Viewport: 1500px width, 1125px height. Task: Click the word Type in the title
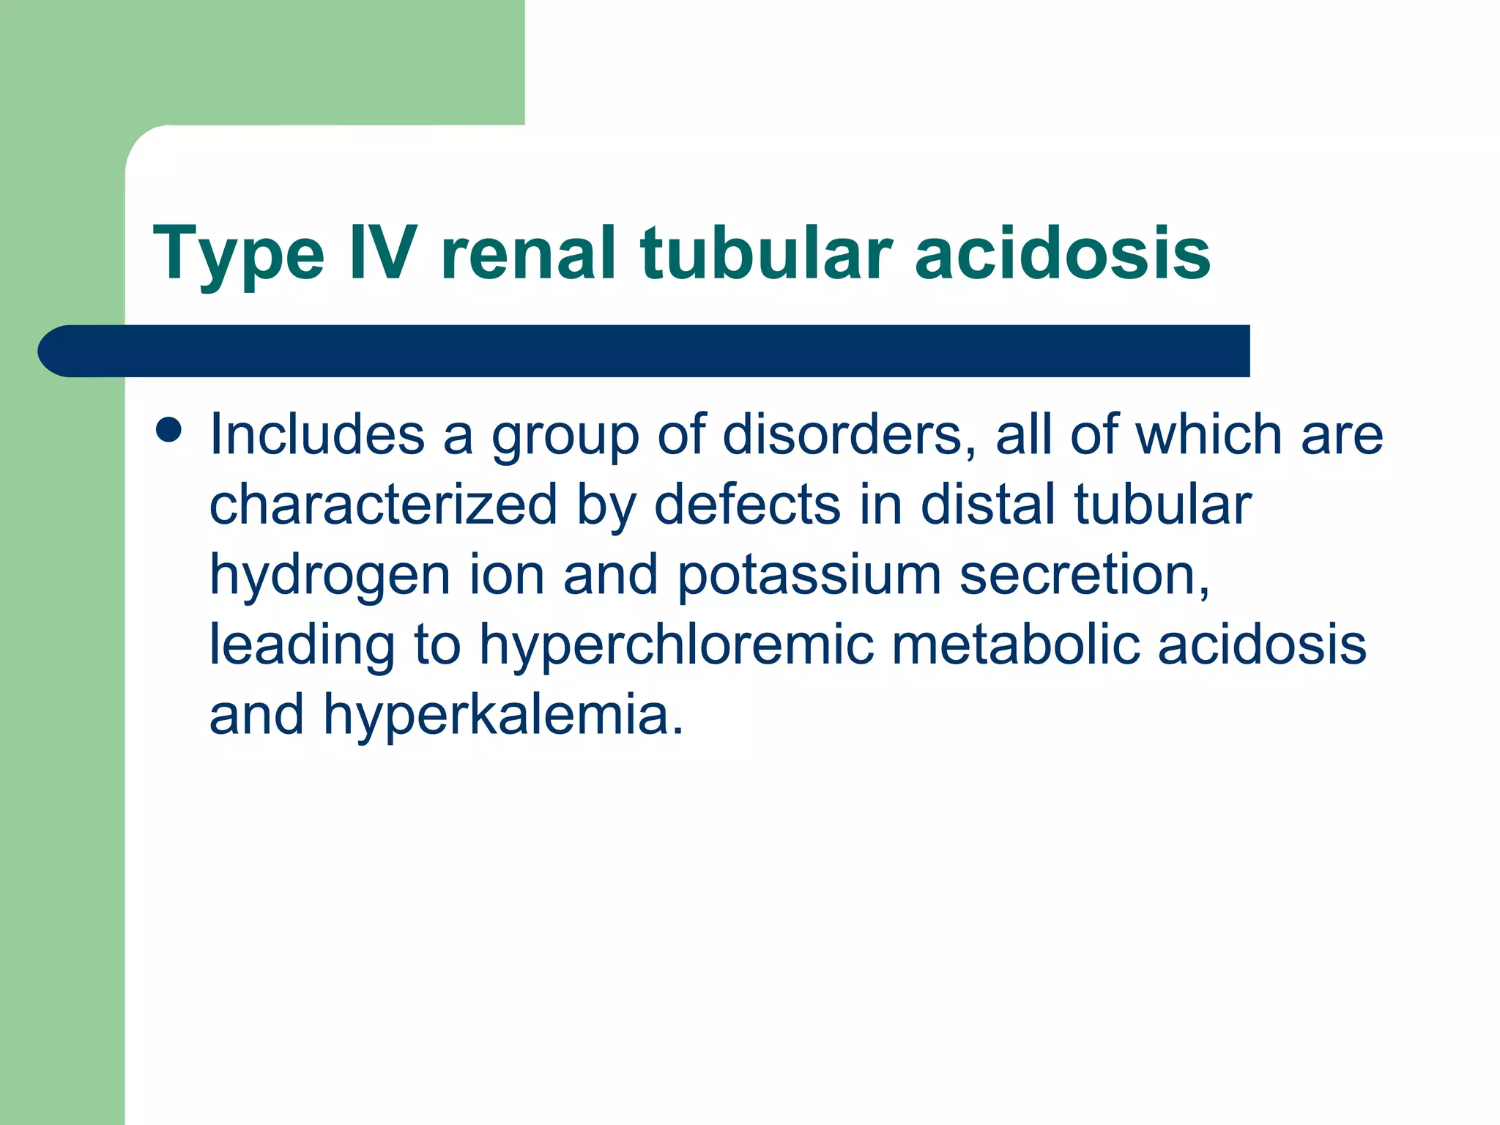tap(238, 255)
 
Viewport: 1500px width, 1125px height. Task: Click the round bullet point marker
tap(168, 430)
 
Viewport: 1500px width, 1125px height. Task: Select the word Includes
tap(317, 434)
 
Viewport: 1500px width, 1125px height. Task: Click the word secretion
tap(1084, 575)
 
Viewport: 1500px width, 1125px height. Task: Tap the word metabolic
tap(1015, 645)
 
